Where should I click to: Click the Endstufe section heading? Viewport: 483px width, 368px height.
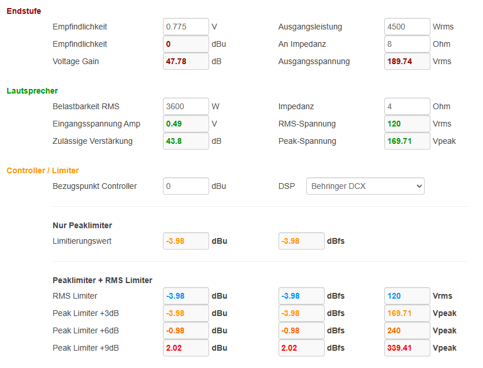point(24,11)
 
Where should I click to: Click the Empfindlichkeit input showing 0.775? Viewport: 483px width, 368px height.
point(185,27)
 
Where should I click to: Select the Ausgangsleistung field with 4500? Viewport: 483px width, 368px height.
point(407,27)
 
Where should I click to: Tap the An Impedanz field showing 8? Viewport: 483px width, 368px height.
point(407,44)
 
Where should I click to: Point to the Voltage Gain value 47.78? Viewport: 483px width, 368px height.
point(185,61)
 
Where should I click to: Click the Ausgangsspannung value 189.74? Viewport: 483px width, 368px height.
point(407,61)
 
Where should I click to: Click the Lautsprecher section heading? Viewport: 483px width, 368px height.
point(32,91)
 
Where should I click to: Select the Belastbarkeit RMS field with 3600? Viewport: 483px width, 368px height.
point(185,106)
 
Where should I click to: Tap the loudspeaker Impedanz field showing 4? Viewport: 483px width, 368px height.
point(407,106)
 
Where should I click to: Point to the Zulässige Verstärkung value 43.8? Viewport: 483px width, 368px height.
point(185,141)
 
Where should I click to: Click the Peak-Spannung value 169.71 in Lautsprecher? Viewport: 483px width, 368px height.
point(407,141)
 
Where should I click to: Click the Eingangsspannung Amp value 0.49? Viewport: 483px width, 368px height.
point(185,124)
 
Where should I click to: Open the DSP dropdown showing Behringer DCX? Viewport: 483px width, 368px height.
point(365,186)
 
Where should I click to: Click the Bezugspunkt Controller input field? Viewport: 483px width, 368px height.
point(185,186)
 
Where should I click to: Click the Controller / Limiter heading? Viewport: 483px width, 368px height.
point(43,170)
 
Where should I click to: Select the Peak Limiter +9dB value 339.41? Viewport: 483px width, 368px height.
point(407,348)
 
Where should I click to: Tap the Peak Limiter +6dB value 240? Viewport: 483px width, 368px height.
point(407,330)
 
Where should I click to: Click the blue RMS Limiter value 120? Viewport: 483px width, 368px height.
point(407,296)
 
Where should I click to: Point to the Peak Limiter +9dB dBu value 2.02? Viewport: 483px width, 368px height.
point(185,348)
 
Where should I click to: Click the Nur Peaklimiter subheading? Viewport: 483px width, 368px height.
point(83,225)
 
